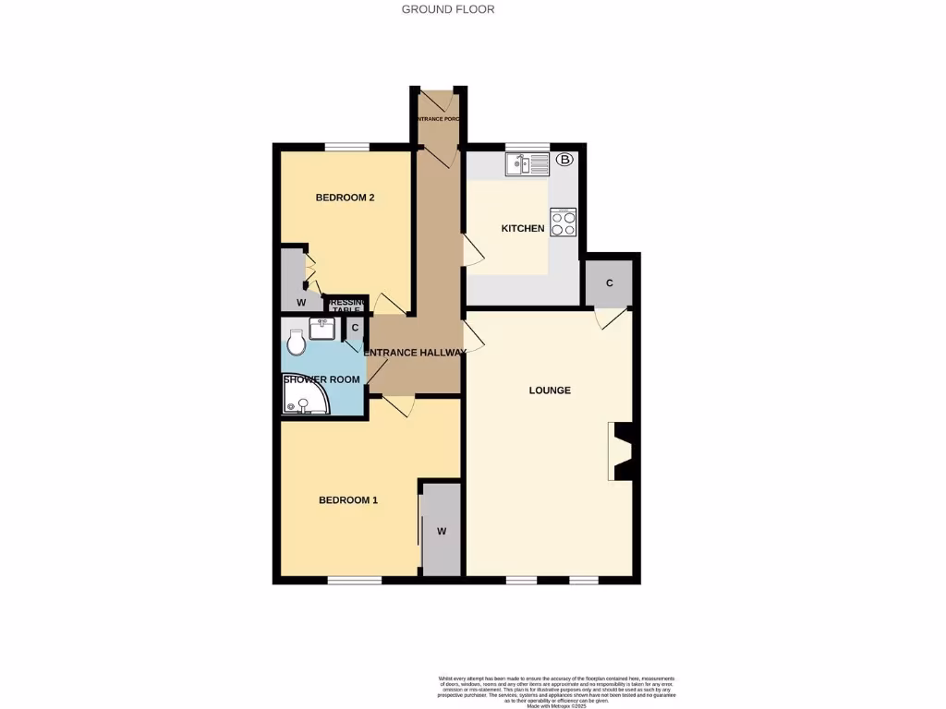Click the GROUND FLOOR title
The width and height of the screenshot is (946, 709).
pyautogui.click(x=448, y=9)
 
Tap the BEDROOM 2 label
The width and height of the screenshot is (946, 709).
pyautogui.click(x=345, y=198)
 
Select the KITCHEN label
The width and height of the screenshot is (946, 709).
pyautogui.click(x=523, y=229)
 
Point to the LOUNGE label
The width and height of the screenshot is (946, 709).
pyautogui.click(x=550, y=391)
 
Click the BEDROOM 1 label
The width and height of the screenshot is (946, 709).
pyautogui.click(x=348, y=500)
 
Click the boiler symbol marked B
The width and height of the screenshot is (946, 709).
pyautogui.click(x=565, y=161)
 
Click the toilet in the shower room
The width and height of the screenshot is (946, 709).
pyautogui.click(x=297, y=342)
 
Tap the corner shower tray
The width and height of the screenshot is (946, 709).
pyautogui.click(x=302, y=399)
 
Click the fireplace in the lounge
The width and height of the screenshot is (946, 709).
pyautogui.click(x=621, y=451)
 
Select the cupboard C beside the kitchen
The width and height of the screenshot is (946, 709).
pyautogui.click(x=610, y=282)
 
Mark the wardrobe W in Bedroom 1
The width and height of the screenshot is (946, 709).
pyautogui.click(x=442, y=531)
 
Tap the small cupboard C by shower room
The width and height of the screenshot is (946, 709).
pyautogui.click(x=355, y=327)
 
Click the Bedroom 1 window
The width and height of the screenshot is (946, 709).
pyautogui.click(x=355, y=580)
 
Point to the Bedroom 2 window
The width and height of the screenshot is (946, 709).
pyautogui.click(x=346, y=146)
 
